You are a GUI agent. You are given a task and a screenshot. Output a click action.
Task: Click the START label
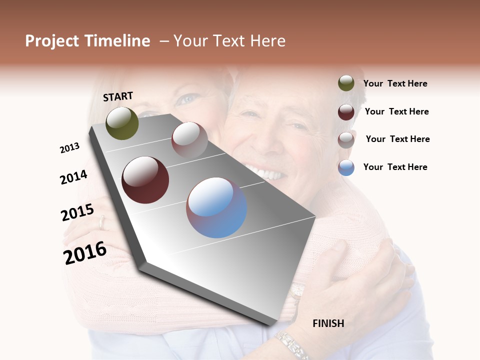[x=118, y=96]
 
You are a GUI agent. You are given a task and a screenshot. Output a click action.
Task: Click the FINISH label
[x=328, y=323]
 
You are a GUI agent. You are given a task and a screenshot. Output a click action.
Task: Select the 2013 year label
[x=69, y=148]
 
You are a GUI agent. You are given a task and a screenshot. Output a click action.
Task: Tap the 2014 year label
[x=73, y=177]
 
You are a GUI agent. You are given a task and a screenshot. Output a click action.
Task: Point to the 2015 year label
[x=77, y=212]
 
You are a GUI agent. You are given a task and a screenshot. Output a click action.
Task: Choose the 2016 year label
[x=85, y=253]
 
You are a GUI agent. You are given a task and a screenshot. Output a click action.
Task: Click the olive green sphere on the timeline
[x=122, y=123]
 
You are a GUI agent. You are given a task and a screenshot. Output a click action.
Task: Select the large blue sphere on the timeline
[x=216, y=207]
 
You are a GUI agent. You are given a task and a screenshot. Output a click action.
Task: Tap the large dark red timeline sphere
[x=145, y=180]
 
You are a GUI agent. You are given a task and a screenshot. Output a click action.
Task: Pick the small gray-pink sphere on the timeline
[x=189, y=139]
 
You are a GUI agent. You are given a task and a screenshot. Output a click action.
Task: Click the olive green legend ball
[x=346, y=83]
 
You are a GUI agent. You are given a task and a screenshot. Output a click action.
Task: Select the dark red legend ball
[x=346, y=111]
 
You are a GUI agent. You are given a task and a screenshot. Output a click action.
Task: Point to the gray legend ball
[x=346, y=139]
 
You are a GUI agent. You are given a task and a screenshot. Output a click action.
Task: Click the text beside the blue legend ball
[x=395, y=167]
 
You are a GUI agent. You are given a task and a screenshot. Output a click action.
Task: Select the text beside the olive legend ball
[x=395, y=83]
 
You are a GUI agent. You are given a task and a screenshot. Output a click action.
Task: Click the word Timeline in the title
[x=117, y=41]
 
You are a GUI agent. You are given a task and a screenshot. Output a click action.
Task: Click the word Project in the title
[x=52, y=41]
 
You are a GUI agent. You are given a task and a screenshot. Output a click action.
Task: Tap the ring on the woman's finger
[x=102, y=223]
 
